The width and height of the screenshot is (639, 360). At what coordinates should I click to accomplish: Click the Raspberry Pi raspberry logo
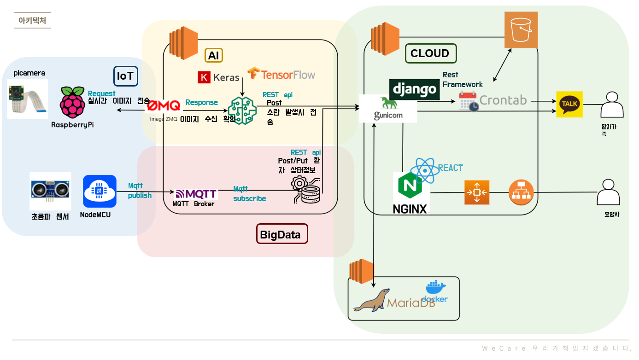coord(72,102)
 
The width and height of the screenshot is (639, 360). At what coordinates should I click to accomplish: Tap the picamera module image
coord(28,99)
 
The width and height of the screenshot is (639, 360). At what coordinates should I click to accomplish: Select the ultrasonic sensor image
coord(50,191)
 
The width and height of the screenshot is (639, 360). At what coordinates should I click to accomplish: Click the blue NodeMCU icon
coord(100,191)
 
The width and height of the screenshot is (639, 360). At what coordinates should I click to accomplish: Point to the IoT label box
coord(125,76)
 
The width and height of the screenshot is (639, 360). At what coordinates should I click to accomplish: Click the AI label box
coord(213,56)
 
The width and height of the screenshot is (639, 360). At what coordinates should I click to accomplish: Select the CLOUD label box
coord(430,53)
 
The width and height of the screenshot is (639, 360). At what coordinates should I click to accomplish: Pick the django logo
coord(414,89)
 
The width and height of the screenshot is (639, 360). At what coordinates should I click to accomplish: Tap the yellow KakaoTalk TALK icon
coord(569,104)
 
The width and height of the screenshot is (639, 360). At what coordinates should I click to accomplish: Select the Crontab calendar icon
coord(469,101)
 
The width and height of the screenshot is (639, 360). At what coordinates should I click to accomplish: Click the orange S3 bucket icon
coord(521,30)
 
